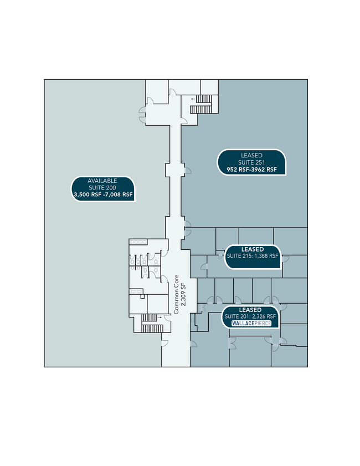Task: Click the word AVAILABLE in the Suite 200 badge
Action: point(102,181)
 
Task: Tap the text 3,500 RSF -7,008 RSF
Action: point(103,195)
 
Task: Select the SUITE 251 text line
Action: point(251,162)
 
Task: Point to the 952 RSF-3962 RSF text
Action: point(251,170)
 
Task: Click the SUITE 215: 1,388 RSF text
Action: point(253,256)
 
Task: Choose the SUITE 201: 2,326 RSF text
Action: point(250,316)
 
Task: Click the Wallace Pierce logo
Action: point(251,324)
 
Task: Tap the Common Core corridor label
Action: point(177,294)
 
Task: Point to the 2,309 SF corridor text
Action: point(183,294)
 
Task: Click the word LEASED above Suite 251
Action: point(251,155)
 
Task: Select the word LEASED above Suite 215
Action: point(253,249)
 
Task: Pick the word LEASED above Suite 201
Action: point(250,310)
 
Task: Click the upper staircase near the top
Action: point(201,104)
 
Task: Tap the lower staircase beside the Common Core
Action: point(152,323)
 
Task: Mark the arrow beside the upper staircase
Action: point(194,99)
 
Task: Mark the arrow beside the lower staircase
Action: point(160,318)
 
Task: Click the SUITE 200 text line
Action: point(102,188)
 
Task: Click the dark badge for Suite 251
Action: point(251,162)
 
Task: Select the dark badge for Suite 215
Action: point(253,257)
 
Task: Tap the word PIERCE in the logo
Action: point(261,324)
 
